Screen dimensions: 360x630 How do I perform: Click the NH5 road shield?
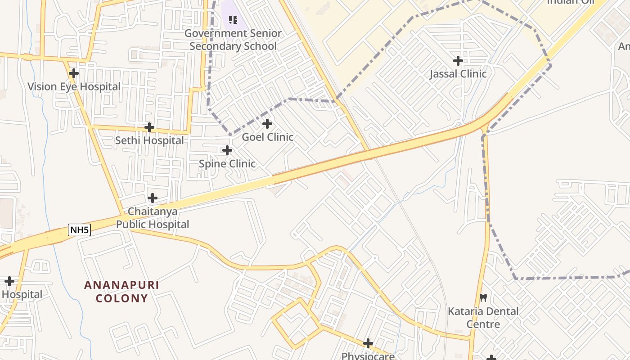[80, 230]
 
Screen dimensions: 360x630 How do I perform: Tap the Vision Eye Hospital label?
[74, 86]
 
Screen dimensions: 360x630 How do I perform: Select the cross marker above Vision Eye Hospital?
[74, 73]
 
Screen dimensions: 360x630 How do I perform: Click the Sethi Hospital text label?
[149, 140]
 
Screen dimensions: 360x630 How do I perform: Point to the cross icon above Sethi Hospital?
[149, 127]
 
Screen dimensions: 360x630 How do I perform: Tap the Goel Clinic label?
[267, 137]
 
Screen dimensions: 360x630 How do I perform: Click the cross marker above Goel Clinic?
[267, 123]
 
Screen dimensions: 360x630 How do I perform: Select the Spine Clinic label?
[227, 164]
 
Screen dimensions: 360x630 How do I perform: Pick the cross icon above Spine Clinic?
[227, 150]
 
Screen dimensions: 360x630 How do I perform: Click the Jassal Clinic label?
[458, 74]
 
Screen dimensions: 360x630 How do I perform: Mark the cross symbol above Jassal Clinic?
[458, 60]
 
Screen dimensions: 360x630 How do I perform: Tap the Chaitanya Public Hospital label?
[153, 218]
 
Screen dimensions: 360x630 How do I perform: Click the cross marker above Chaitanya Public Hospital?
[153, 198]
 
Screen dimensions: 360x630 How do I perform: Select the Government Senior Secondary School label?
[233, 40]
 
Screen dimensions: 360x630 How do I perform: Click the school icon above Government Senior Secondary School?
[233, 19]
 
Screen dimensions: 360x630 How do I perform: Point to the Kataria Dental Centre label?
[483, 318]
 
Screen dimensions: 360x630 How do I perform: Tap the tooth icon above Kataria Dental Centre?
[483, 297]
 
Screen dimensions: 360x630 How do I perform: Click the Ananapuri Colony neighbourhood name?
[121, 292]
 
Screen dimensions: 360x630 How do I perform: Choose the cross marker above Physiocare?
[368, 343]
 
